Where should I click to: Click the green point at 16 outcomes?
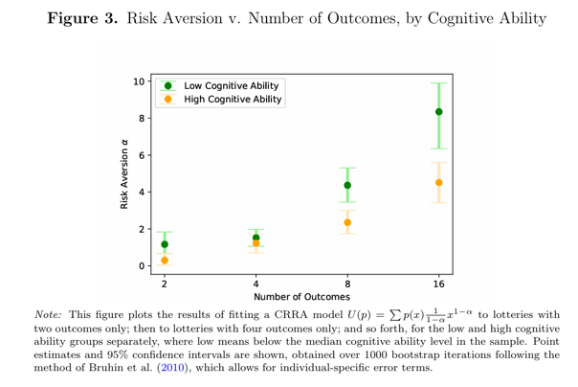click(438, 112)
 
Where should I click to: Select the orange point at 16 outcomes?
click(438, 182)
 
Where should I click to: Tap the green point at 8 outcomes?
click(347, 185)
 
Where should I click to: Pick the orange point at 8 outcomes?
click(347, 222)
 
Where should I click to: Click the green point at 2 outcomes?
click(165, 244)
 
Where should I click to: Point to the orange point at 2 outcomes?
click(165, 260)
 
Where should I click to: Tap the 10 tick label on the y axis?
click(141, 82)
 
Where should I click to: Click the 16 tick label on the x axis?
click(438, 284)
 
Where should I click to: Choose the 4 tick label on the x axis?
click(256, 284)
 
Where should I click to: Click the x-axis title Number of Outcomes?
click(301, 297)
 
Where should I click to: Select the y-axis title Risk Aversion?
click(124, 174)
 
